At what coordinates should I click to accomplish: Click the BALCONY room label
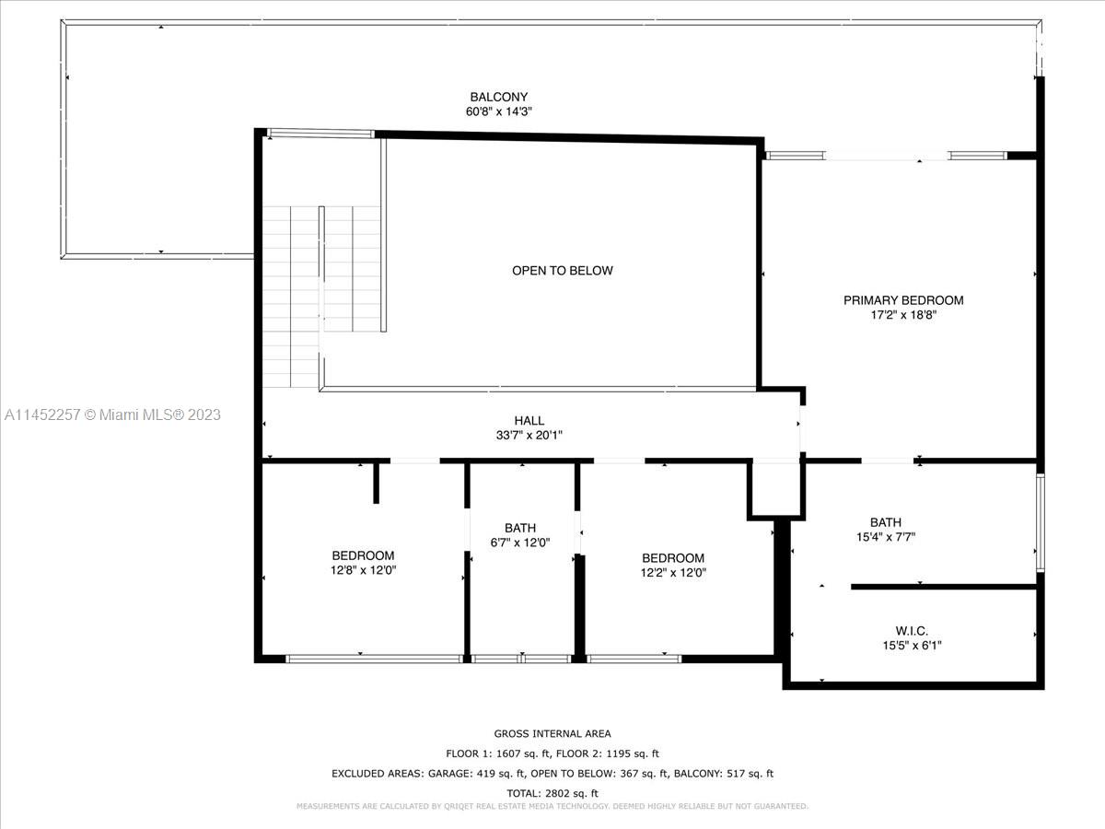click(498, 97)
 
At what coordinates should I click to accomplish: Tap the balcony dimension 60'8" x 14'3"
click(498, 111)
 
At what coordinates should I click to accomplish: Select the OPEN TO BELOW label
click(563, 271)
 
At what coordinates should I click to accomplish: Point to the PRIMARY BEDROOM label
click(903, 300)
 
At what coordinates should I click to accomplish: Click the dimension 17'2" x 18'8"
click(903, 316)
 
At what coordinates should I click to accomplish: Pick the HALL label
click(529, 420)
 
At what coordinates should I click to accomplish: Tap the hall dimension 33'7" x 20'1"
click(529, 436)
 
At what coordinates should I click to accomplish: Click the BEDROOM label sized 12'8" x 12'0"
click(363, 555)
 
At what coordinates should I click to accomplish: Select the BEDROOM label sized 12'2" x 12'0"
click(673, 558)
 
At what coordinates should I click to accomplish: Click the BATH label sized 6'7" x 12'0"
click(520, 528)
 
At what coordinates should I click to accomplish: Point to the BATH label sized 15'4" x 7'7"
click(886, 522)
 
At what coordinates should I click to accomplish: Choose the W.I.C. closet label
click(912, 631)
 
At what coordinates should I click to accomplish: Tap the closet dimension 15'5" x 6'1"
click(912, 646)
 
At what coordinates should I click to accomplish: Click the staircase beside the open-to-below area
click(322, 297)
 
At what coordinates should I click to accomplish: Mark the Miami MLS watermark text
click(112, 414)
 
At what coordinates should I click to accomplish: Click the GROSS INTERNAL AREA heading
click(552, 734)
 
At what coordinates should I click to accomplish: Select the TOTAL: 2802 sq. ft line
click(552, 794)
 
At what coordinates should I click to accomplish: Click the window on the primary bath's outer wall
click(1040, 522)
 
